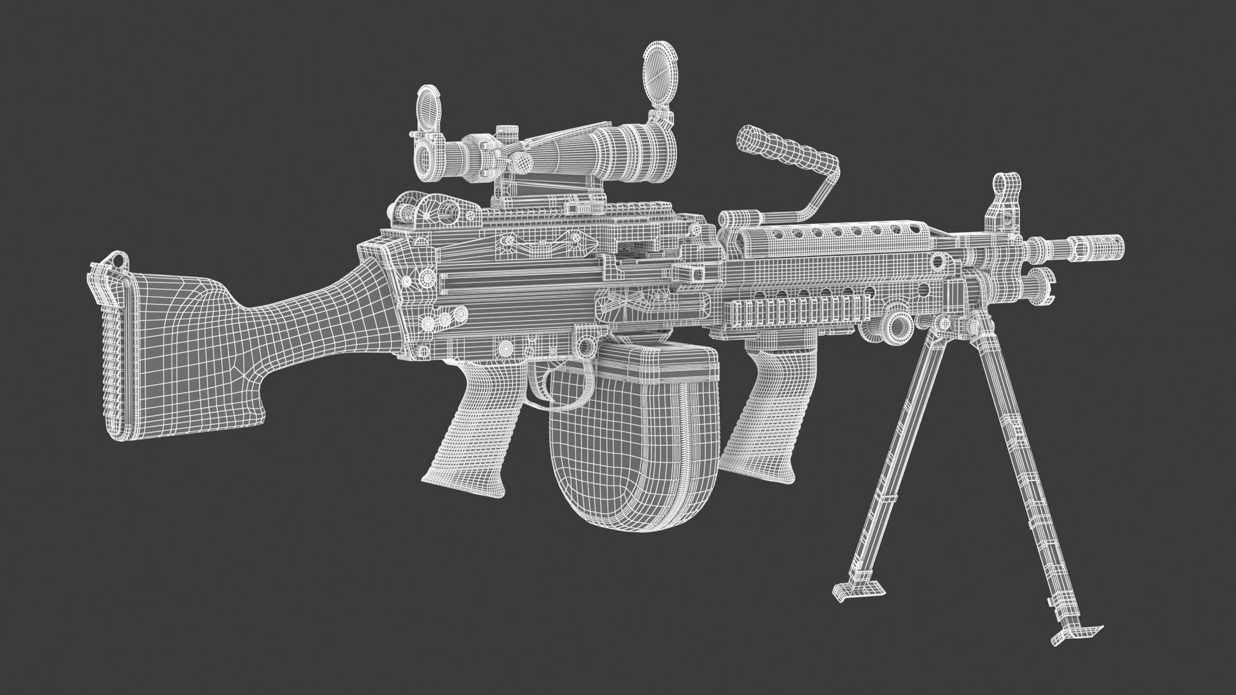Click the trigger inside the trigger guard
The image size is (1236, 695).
[x=545, y=384]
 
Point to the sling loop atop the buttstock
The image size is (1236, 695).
[x=115, y=260]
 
